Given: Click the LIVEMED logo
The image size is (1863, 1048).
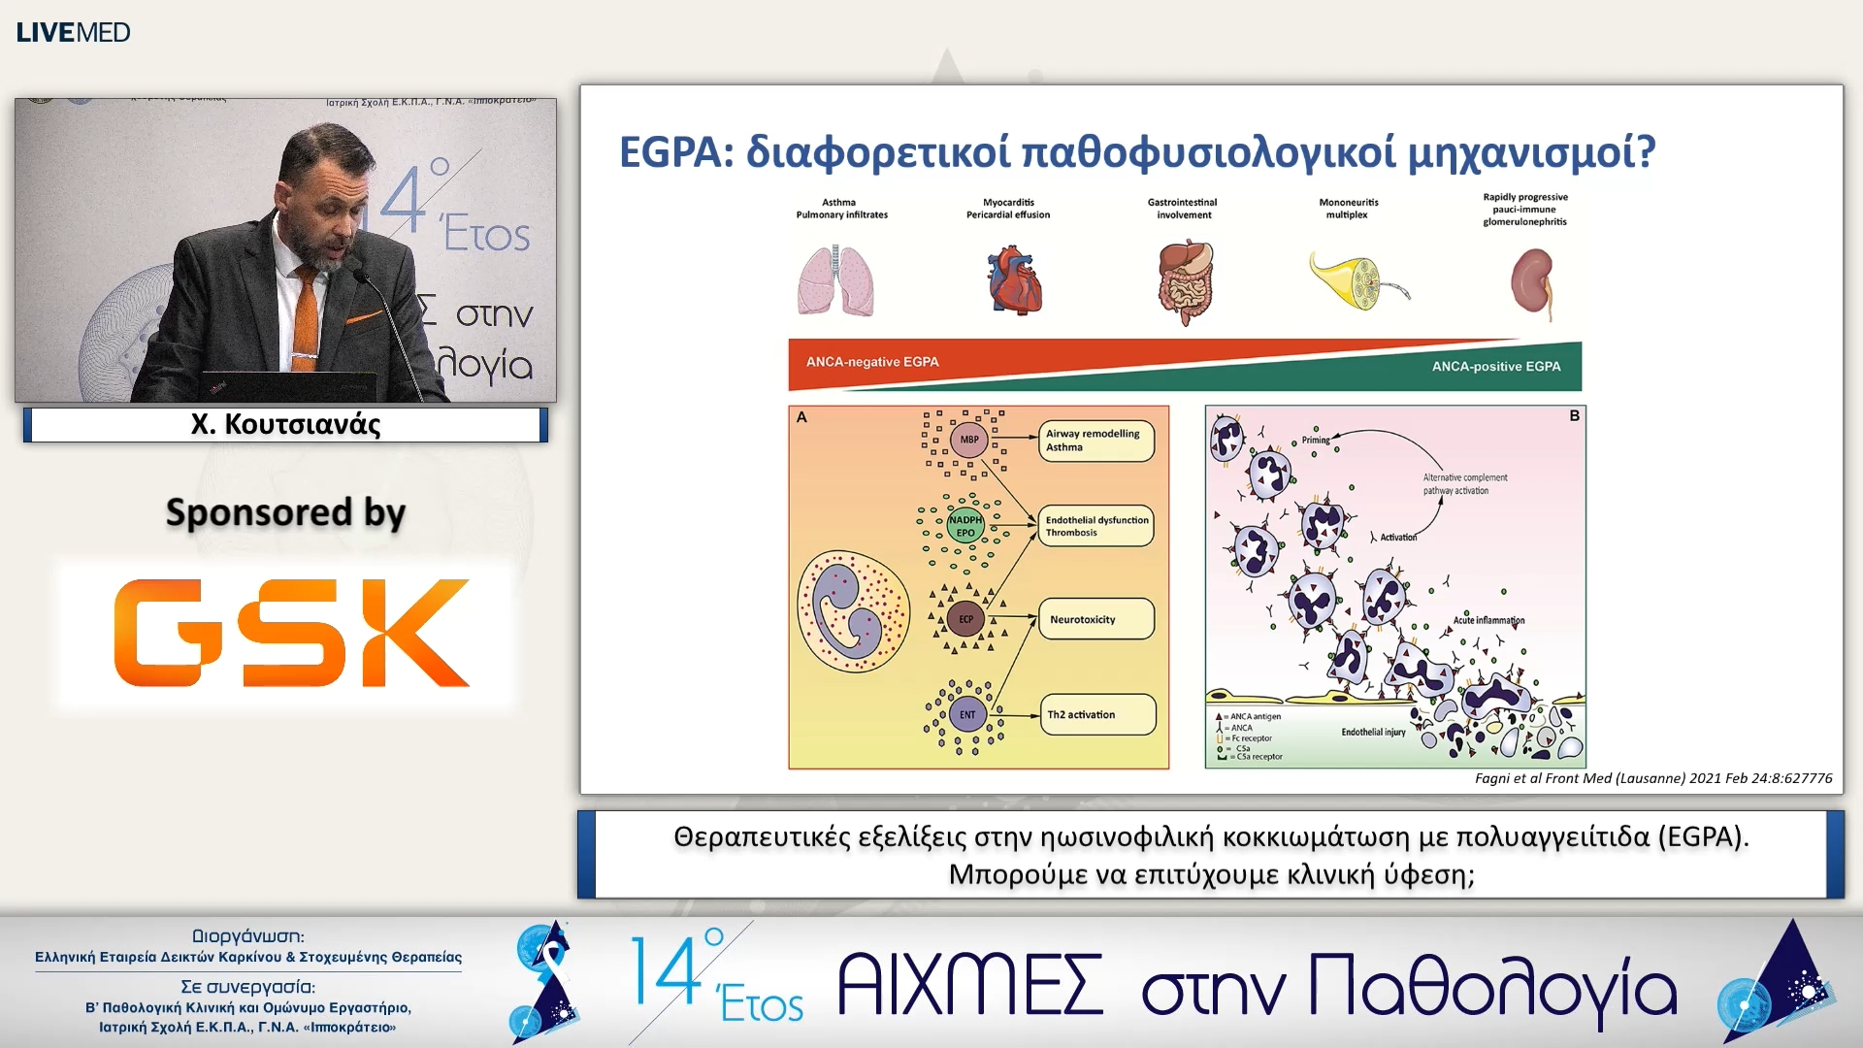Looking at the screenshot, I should click(x=73, y=32).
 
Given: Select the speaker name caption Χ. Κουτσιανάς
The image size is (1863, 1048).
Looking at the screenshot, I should click(x=285, y=424).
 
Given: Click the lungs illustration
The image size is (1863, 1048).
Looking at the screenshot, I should click(x=835, y=280).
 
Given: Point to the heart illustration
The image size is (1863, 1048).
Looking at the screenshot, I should click(x=1014, y=280).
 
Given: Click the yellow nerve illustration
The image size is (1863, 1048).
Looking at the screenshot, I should click(x=1355, y=280).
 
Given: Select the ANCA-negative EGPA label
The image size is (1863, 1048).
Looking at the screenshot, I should click(x=872, y=362).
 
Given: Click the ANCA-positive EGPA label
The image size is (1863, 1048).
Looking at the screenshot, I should click(x=1495, y=367).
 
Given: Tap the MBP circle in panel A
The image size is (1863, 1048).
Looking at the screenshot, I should click(x=969, y=440).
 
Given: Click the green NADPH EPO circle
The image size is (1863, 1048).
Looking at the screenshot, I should click(x=965, y=526).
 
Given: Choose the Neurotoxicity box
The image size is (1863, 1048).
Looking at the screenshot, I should click(x=1095, y=619).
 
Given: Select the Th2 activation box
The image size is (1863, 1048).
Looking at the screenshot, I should click(x=1096, y=715).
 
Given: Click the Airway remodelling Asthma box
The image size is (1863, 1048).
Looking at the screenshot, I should click(x=1095, y=441).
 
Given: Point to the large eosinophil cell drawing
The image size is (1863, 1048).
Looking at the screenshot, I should click(x=853, y=611).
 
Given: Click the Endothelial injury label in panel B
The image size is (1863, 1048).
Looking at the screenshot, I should click(x=1373, y=732).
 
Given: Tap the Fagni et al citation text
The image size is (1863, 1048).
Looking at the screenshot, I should click(x=1652, y=778).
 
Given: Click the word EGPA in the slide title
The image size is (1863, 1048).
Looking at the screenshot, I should click(x=676, y=152).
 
